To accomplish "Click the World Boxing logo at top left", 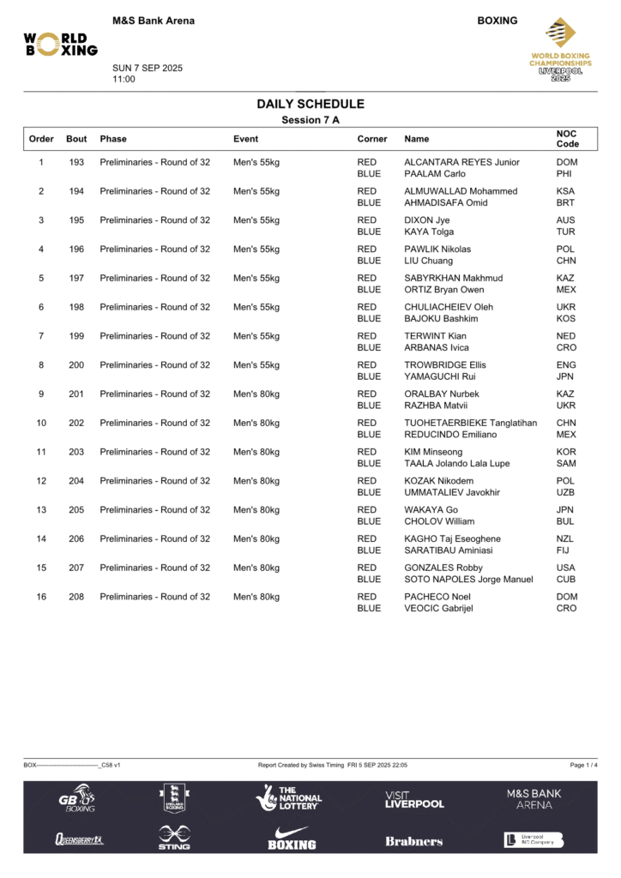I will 60,44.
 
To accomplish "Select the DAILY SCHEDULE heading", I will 310,104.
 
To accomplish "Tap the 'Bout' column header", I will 76,139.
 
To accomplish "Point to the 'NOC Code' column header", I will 567,139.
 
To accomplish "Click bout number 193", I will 76,162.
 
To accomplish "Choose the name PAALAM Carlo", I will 435,174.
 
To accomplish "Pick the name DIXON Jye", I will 427,220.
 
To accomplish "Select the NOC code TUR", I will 566,232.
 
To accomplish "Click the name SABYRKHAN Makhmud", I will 453,278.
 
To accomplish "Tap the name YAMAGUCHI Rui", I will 440,376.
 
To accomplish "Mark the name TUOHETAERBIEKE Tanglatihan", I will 470,423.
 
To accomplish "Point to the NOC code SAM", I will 566,463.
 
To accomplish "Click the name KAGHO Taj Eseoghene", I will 452,538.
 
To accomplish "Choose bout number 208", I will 76,597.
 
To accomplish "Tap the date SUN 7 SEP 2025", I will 148,69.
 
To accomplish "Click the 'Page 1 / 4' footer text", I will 583,765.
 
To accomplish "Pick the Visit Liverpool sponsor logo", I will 414,800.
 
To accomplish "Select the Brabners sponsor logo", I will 414,841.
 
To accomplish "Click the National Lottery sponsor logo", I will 289,798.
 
